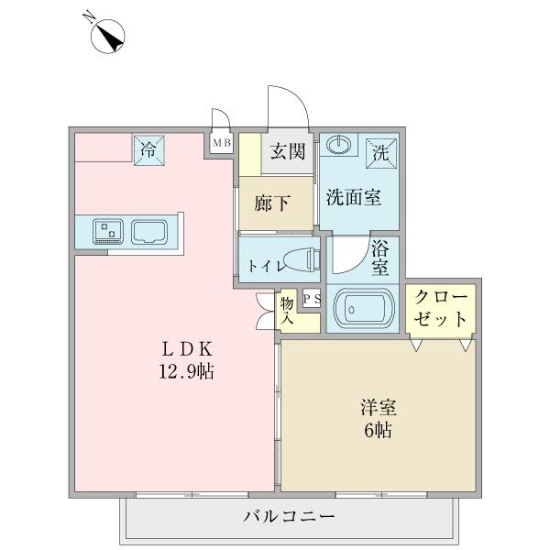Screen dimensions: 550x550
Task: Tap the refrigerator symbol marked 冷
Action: (x=148, y=150)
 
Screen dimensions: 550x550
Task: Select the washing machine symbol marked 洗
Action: (x=380, y=152)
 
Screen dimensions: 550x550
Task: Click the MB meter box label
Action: (x=222, y=143)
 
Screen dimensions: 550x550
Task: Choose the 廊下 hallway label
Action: (x=273, y=203)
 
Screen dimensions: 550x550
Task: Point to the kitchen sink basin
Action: (x=148, y=230)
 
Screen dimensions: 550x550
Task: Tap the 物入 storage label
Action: (x=287, y=309)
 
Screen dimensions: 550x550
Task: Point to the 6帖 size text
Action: (x=378, y=429)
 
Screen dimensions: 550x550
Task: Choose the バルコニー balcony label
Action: (x=289, y=515)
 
